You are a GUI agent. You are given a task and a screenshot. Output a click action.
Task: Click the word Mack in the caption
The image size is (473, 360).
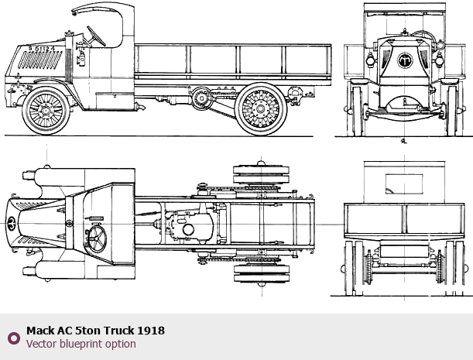[x=40, y=331]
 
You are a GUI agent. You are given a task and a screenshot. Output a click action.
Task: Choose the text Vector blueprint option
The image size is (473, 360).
[x=81, y=344]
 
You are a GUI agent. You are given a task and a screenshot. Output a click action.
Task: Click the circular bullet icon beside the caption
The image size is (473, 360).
[x=13, y=338]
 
